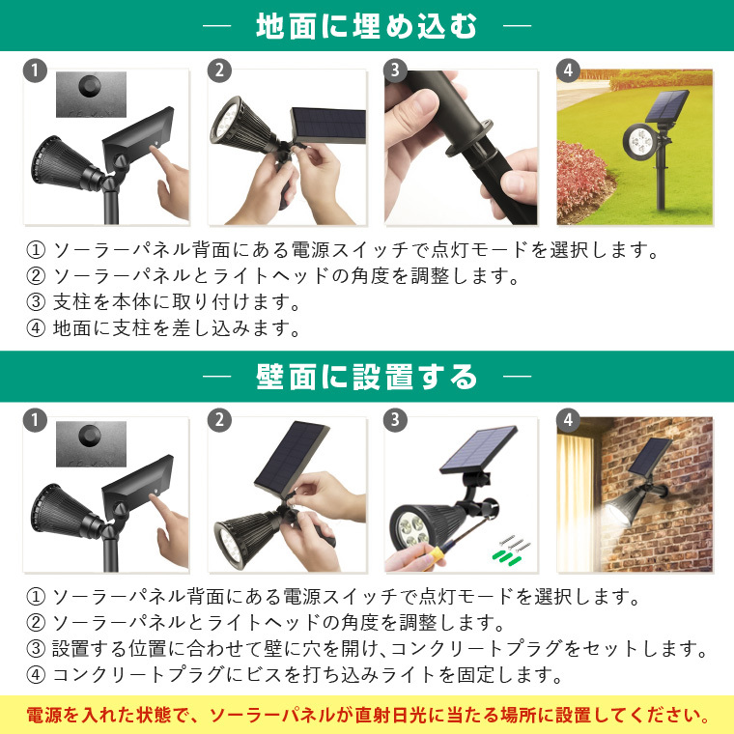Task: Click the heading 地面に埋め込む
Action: coord(367,26)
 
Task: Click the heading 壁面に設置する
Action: coord(367,377)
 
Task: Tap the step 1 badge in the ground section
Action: coord(35,71)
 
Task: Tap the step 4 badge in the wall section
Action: coord(568,420)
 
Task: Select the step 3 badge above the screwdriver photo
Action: coord(395,420)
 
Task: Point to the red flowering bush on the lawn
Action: coord(580,181)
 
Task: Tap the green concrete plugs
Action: coord(504,556)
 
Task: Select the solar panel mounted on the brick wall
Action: coord(650,457)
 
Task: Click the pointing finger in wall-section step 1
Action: coord(165,520)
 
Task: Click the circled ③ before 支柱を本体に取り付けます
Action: coord(36,302)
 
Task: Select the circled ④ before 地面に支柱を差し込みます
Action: coord(36,328)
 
